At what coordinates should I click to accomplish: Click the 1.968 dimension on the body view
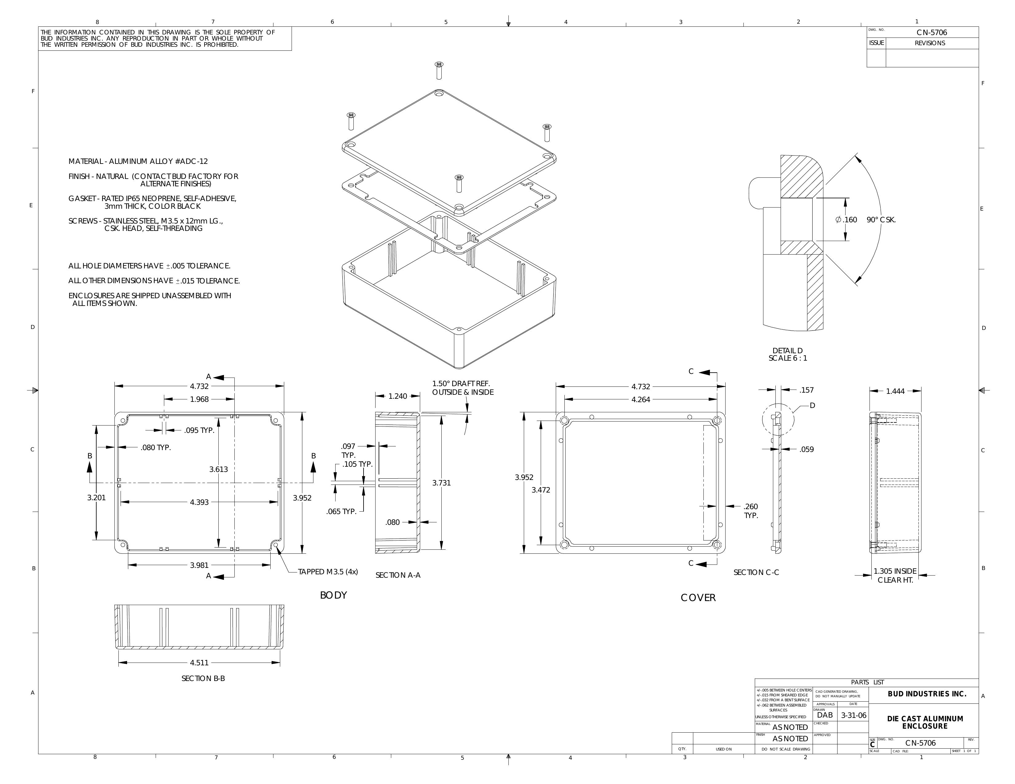coord(199,399)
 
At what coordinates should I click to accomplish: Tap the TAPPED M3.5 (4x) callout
coord(328,572)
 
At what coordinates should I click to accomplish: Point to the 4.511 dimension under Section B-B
coord(199,663)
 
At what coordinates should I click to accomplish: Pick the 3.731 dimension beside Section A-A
coord(441,483)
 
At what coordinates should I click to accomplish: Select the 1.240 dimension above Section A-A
coord(397,396)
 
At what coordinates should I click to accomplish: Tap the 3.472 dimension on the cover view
coord(541,490)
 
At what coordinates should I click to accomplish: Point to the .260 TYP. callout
coord(750,511)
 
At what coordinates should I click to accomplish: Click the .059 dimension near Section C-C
coord(806,449)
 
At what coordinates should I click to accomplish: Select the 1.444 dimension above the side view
coord(895,391)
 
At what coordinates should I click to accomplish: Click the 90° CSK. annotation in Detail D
coord(881,220)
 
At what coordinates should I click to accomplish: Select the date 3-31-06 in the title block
coord(854,716)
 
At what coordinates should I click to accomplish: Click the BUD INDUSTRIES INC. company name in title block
coord(927,694)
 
